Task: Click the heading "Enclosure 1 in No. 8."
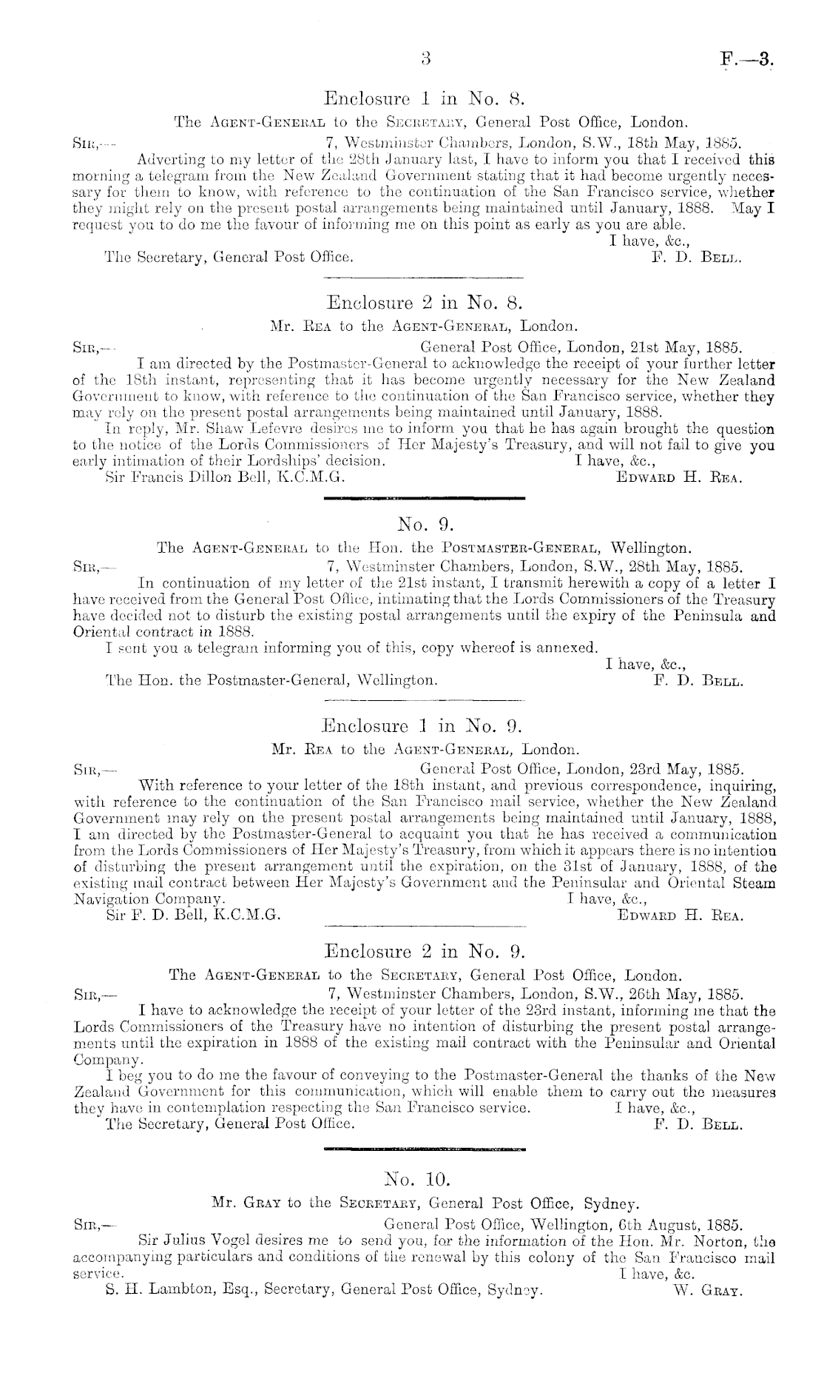tap(425, 98)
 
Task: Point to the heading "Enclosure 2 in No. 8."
tap(425, 303)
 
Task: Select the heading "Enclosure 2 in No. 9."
tap(425, 952)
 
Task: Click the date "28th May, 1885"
tap(682, 568)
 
